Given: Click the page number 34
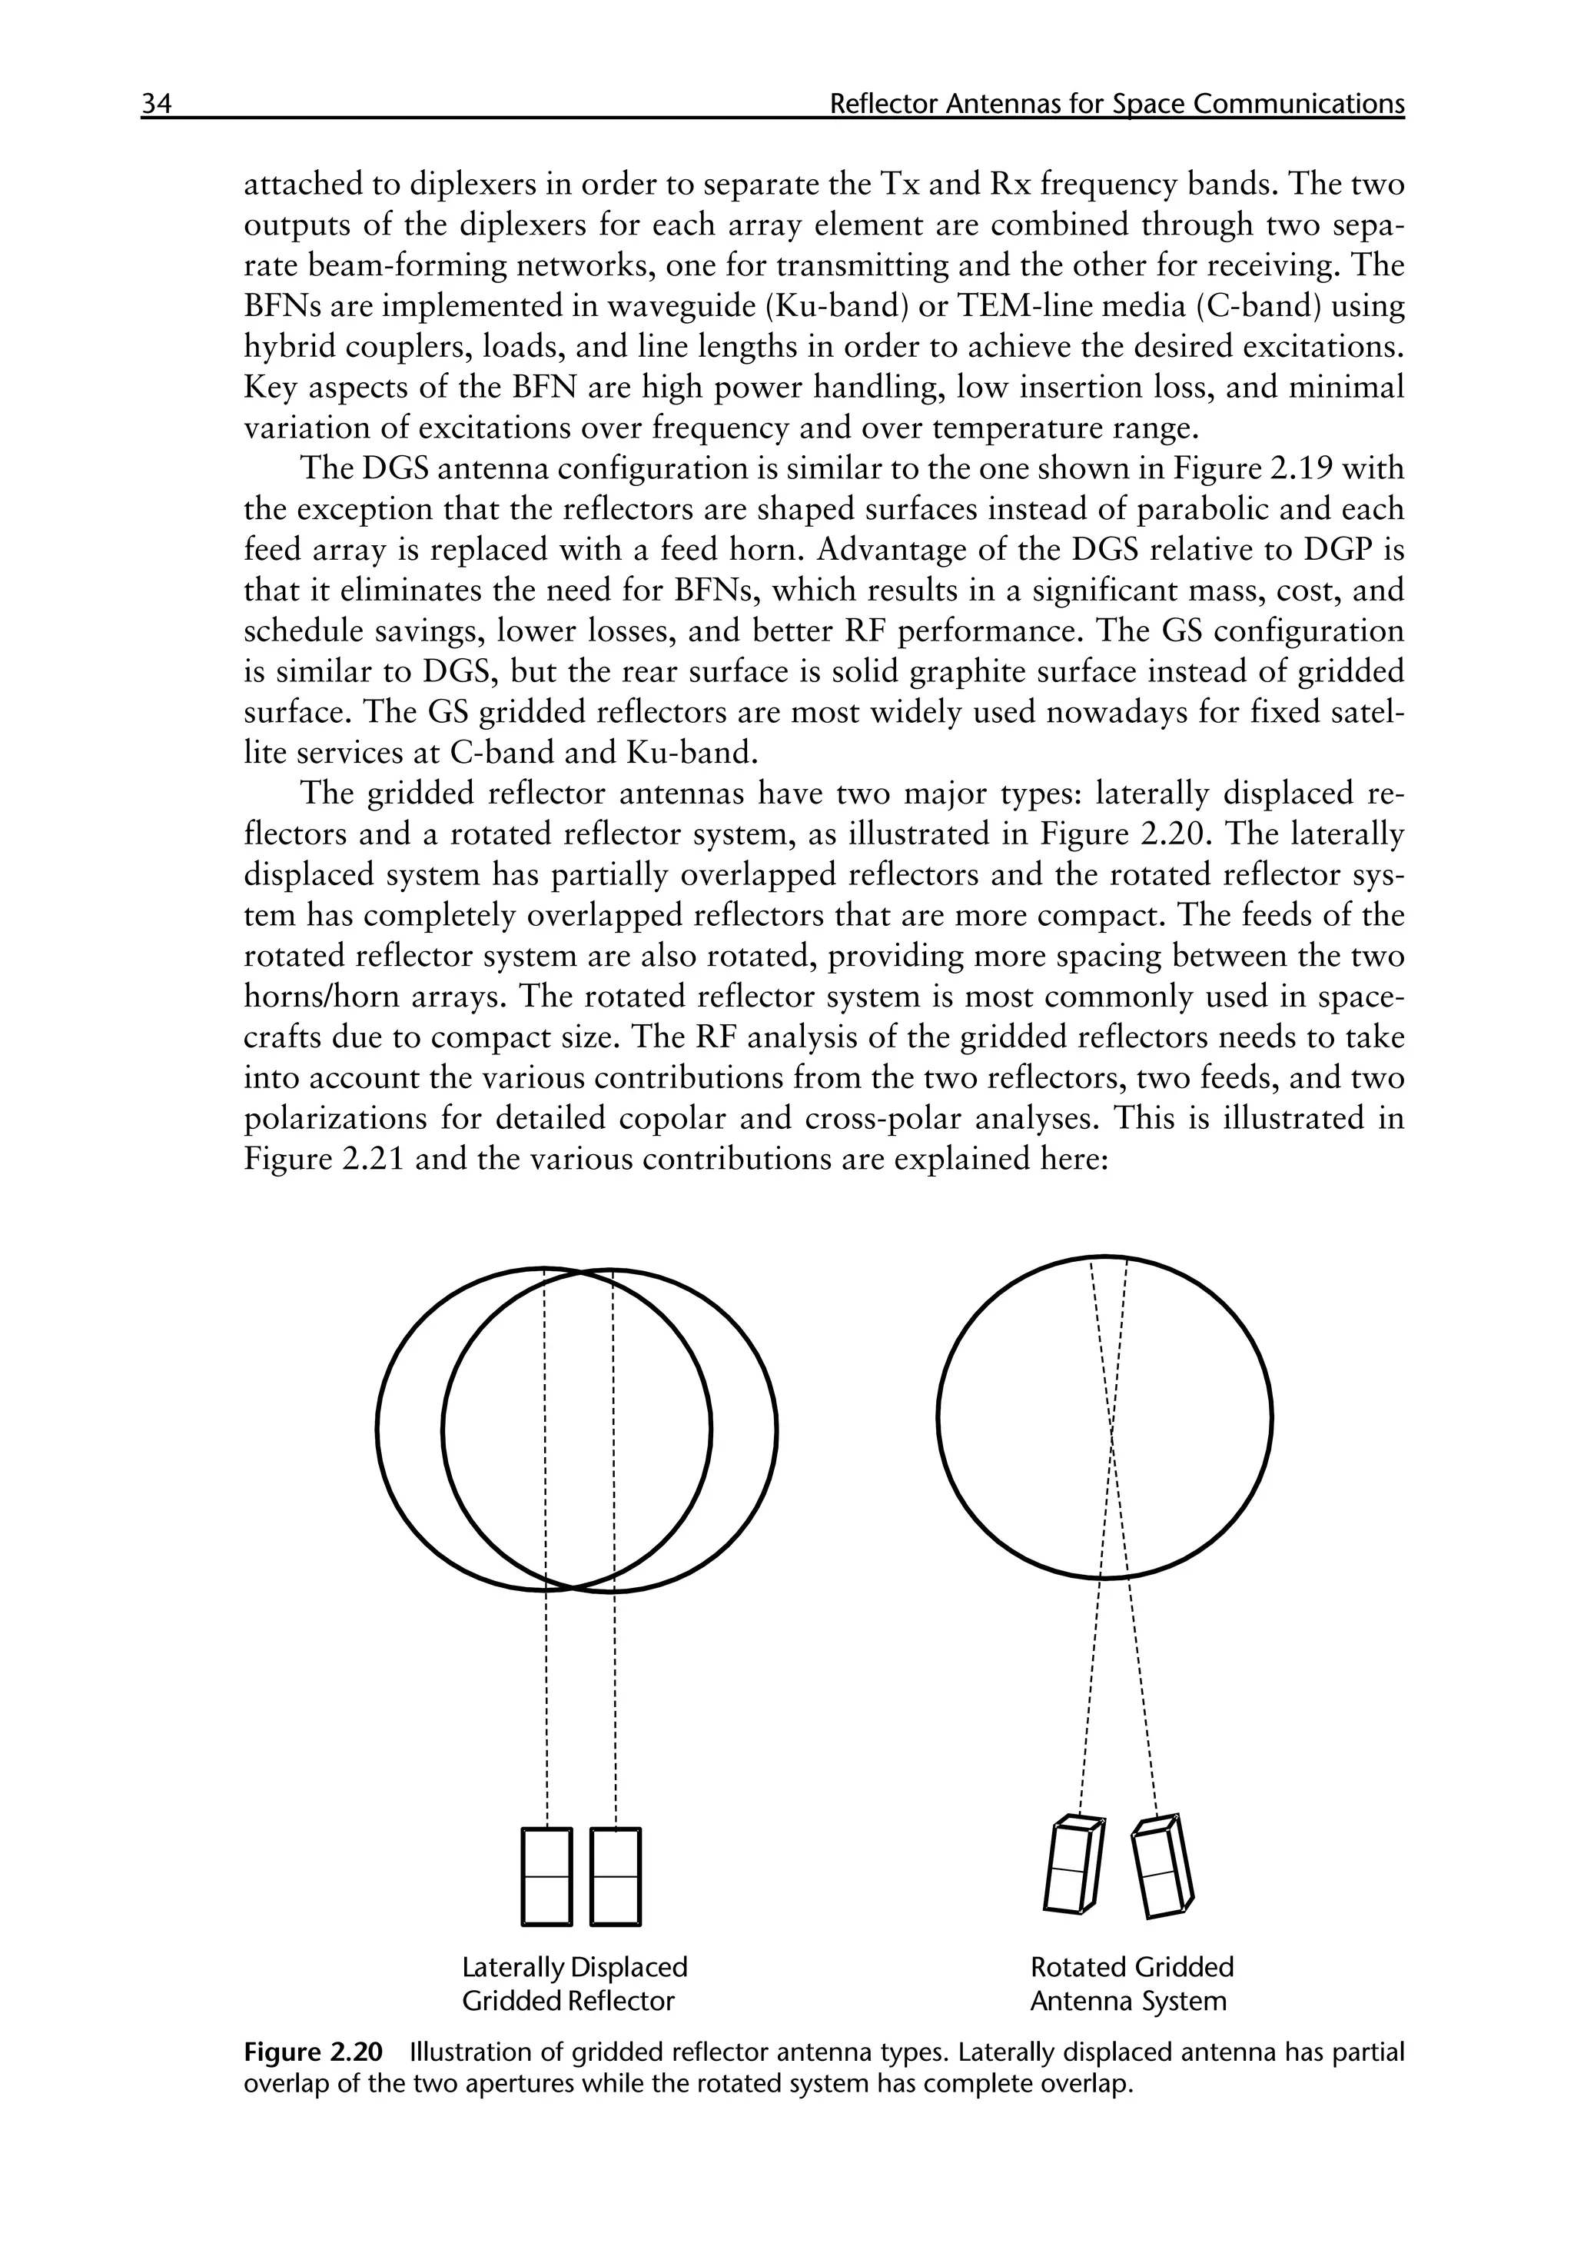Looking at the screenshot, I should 157,104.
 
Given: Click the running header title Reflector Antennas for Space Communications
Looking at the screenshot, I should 1116,104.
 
